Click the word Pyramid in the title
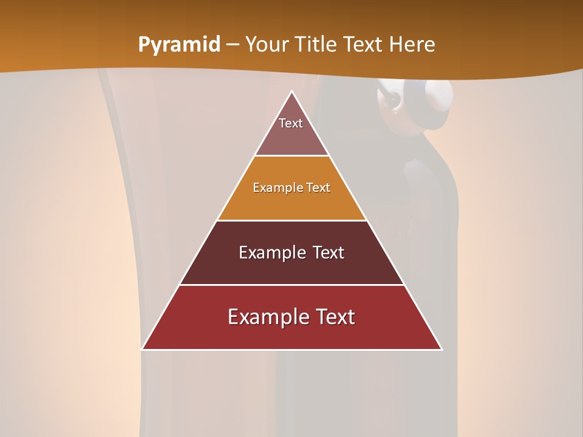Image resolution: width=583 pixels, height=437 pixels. [179, 45]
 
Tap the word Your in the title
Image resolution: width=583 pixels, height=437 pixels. [265, 45]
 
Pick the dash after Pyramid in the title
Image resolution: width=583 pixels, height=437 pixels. [233, 45]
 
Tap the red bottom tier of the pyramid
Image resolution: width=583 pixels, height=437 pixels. [291, 334]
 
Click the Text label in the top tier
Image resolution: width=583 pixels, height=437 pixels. [291, 123]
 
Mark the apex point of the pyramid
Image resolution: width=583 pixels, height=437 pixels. [291, 92]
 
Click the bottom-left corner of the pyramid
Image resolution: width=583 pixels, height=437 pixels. [142, 349]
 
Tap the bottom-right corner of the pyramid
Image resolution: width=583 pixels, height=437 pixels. [442, 349]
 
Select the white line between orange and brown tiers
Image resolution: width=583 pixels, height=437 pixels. [291, 220]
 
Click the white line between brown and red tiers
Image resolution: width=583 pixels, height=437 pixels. [291, 285]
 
